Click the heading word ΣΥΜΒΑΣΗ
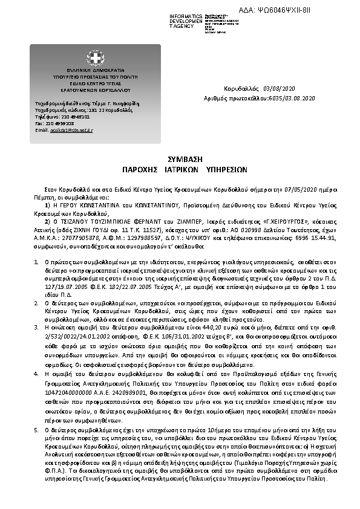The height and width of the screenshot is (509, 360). tap(180, 157)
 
